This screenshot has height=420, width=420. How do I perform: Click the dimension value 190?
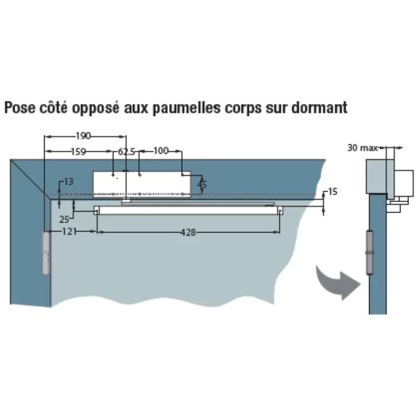[x=83, y=136]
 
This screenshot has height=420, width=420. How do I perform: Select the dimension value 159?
[x=78, y=152]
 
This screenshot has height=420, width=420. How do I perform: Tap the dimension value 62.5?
[x=127, y=152]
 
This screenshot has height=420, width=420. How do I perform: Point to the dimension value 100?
[x=161, y=151]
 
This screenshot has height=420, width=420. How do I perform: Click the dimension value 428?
[x=188, y=233]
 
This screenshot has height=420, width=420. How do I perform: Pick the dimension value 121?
[x=69, y=232]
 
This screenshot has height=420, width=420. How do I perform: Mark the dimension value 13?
[x=69, y=182]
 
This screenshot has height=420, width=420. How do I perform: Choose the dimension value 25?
[x=64, y=219]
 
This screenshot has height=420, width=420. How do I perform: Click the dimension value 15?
[x=332, y=192]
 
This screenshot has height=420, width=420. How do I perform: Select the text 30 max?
[x=363, y=148]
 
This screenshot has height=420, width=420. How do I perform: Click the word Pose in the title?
[x=20, y=108]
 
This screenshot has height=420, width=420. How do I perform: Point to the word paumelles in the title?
[x=187, y=108]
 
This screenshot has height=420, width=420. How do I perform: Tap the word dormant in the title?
[x=319, y=108]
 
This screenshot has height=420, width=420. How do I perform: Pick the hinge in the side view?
[x=370, y=253]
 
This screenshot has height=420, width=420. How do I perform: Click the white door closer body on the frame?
[x=142, y=184]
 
